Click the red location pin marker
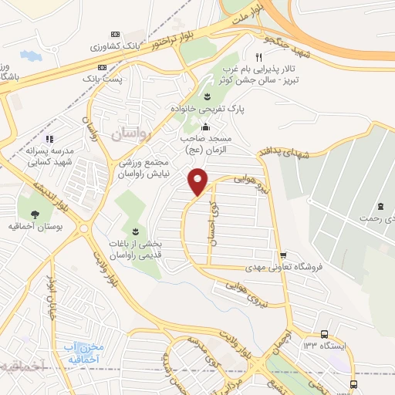pyautogui.click(x=198, y=181)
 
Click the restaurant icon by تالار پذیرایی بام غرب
pyautogui.click(x=259, y=58)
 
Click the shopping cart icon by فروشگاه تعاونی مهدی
pyautogui.click(x=283, y=255)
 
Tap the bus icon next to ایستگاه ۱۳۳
pyautogui.click(x=324, y=334)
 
